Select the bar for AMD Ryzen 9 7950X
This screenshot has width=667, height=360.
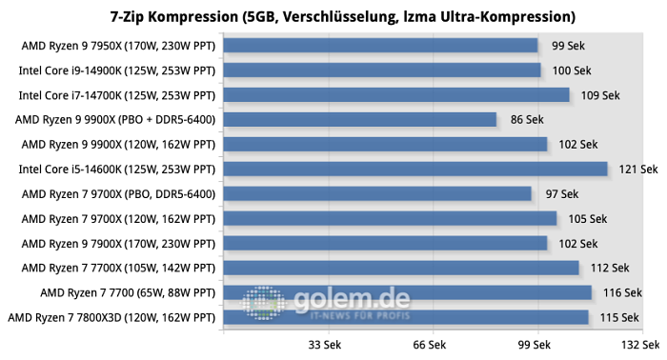(x=380, y=45)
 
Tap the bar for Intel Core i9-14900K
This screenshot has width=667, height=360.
(x=382, y=70)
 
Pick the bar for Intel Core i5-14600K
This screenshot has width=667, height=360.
(x=415, y=169)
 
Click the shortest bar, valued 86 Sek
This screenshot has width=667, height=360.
(x=360, y=119)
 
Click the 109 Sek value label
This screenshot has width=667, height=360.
(x=598, y=95)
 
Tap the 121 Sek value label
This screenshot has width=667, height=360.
(x=637, y=170)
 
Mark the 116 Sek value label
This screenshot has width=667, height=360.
(x=620, y=292)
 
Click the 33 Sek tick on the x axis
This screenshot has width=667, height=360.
(x=327, y=345)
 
